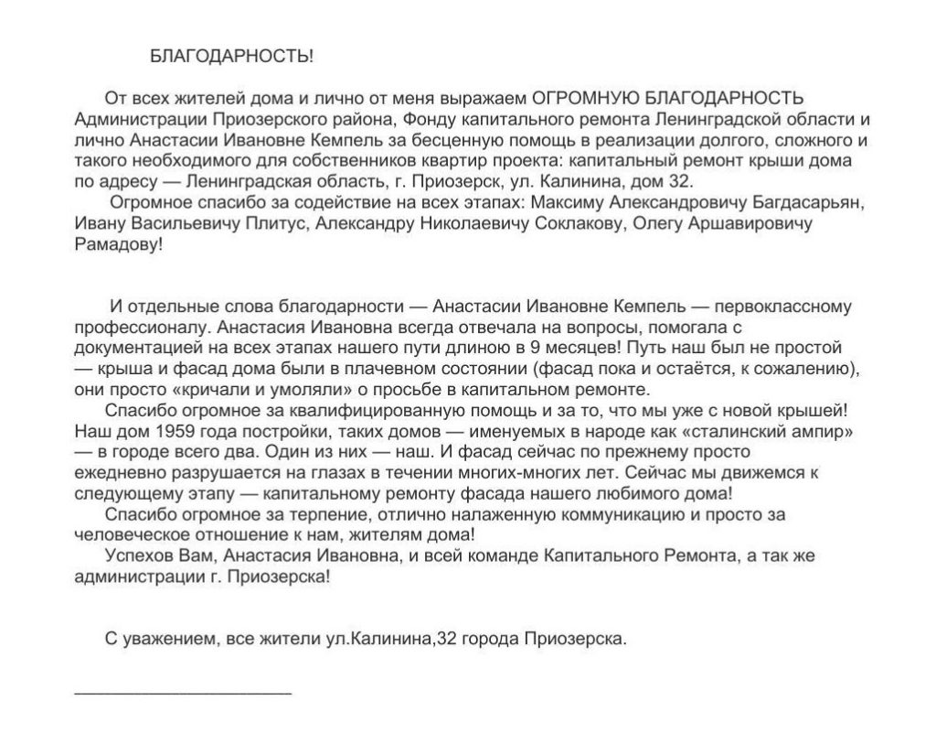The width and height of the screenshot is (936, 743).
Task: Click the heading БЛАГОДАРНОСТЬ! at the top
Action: [x=230, y=57]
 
